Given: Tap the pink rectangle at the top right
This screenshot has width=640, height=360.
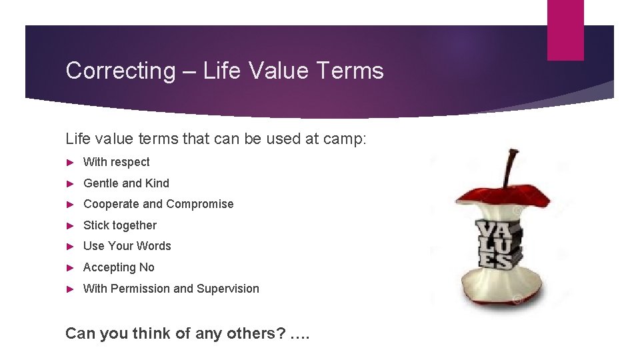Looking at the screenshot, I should click(x=565, y=30).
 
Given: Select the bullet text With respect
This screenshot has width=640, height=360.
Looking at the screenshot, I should click(x=116, y=162).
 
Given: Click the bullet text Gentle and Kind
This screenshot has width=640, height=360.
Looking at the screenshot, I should click(x=126, y=183).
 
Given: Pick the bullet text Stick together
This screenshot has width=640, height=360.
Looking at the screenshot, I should click(x=119, y=225).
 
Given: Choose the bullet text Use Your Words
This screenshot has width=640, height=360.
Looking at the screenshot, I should click(x=127, y=246).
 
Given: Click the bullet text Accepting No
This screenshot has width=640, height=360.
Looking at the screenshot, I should click(x=119, y=267).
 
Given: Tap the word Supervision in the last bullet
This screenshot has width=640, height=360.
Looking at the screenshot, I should click(x=227, y=289).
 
